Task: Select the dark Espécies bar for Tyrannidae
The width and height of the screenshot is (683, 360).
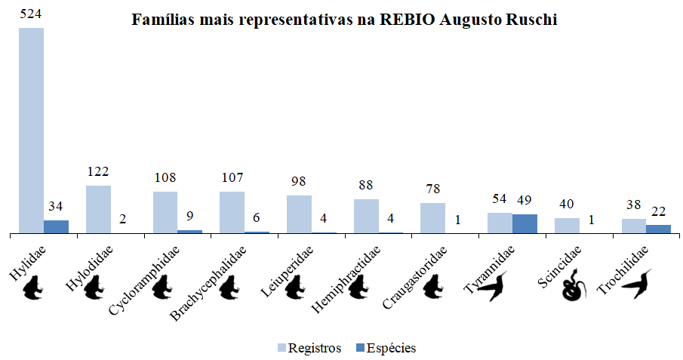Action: (525, 223)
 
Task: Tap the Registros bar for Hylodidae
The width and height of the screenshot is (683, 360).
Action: (98, 209)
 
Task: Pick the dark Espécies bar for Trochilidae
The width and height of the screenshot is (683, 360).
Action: (658, 229)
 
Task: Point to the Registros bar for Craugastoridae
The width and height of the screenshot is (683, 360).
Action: (432, 217)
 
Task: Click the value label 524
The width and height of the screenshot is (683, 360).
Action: (31, 14)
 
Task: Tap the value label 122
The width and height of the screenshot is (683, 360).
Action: (98, 171)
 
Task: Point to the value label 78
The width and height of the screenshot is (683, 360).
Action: (432, 189)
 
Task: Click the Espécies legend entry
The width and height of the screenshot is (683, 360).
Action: (386, 348)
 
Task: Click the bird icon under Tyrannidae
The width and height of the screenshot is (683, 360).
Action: (495, 287)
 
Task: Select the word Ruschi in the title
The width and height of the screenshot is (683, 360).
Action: (531, 20)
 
